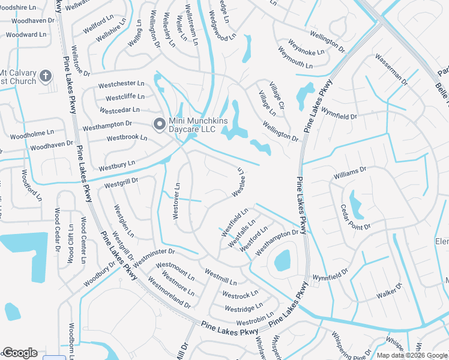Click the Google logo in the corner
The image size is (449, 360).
(20, 353)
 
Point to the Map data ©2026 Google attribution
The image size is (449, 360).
(412, 355)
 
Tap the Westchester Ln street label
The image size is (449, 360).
(122, 83)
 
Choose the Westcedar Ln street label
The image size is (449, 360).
(119, 110)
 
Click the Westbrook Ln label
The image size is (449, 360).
(127, 137)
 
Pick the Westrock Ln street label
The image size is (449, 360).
(240, 294)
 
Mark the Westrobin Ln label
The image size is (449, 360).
(255, 322)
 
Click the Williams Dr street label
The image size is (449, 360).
(350, 174)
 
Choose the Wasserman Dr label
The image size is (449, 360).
(391, 69)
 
